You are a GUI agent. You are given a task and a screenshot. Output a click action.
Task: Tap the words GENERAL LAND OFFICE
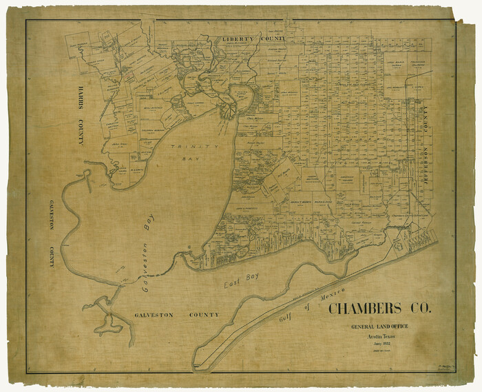point(379,325)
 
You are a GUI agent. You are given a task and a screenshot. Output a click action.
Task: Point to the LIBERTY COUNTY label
point(253,40)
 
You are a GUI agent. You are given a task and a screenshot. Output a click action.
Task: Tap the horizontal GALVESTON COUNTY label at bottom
point(176,315)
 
